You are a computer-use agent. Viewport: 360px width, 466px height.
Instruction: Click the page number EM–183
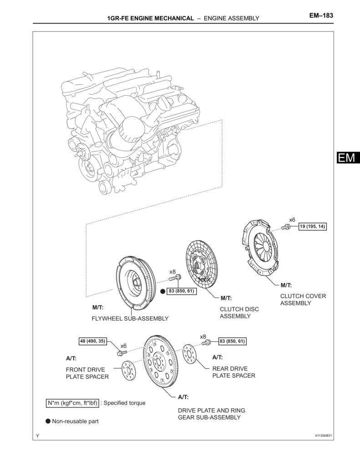coord(321,15)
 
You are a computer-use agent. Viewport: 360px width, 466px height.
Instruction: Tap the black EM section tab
coord(348,157)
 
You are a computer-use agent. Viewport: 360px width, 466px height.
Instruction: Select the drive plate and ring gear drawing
coord(161,361)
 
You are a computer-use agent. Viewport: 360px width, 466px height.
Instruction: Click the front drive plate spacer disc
coord(128,370)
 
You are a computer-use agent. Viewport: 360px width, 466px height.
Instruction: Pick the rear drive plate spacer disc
coord(189,354)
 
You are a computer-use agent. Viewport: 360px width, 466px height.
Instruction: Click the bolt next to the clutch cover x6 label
coord(285,228)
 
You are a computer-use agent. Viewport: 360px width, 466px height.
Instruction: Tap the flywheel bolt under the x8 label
coord(175,279)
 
